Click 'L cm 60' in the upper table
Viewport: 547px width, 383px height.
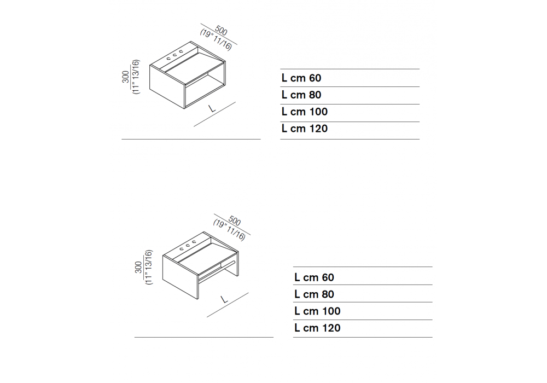click(301, 78)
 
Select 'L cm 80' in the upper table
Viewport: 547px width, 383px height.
click(301, 95)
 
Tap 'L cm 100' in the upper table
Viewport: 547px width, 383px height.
click(305, 112)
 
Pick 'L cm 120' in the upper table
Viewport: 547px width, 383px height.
click(305, 129)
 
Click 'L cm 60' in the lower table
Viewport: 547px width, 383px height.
click(315, 277)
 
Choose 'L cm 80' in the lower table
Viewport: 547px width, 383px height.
click(315, 294)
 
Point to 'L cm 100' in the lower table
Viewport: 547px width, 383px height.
click(317, 311)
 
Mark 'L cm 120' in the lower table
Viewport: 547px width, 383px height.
click(317, 328)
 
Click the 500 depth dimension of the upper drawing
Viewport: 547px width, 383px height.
click(221, 30)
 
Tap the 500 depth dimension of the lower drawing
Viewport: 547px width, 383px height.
click(235, 221)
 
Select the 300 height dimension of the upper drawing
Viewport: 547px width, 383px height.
click(126, 77)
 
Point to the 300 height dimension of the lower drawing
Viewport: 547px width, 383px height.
click(138, 267)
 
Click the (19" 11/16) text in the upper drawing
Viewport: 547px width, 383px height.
click(216, 40)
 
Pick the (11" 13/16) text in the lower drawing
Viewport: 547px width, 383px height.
click(149, 267)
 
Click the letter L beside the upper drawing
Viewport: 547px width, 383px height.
click(212, 108)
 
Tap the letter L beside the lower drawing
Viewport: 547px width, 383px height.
click(225, 299)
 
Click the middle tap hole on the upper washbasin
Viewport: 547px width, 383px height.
click(174, 55)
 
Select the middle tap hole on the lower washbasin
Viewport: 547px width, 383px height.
click(188, 245)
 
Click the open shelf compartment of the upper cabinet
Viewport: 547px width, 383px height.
click(205, 92)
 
